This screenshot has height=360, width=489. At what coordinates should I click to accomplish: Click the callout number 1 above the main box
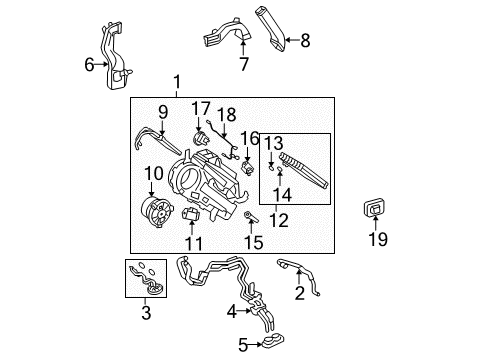tap(178, 82)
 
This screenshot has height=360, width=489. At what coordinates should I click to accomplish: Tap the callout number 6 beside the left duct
tap(89, 65)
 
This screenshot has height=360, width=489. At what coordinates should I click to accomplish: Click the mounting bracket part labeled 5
tap(269, 344)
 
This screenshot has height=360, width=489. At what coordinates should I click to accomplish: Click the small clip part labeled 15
tap(249, 215)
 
